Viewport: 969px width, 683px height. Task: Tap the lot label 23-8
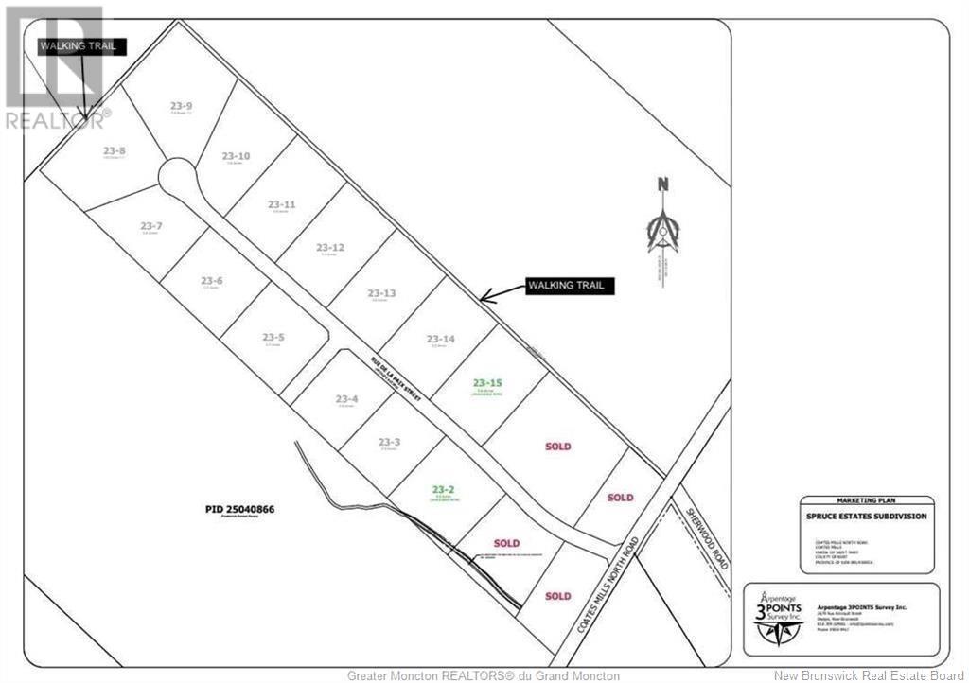click(x=115, y=150)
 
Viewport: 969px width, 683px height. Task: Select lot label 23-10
click(x=236, y=156)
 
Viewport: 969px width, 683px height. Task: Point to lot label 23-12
click(x=331, y=248)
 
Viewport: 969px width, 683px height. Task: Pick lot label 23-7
click(x=151, y=226)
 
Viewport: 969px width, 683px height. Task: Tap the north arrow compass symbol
click(x=664, y=227)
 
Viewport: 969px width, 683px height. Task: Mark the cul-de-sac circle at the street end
click(x=175, y=175)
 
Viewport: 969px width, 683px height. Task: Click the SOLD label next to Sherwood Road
click(x=620, y=498)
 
